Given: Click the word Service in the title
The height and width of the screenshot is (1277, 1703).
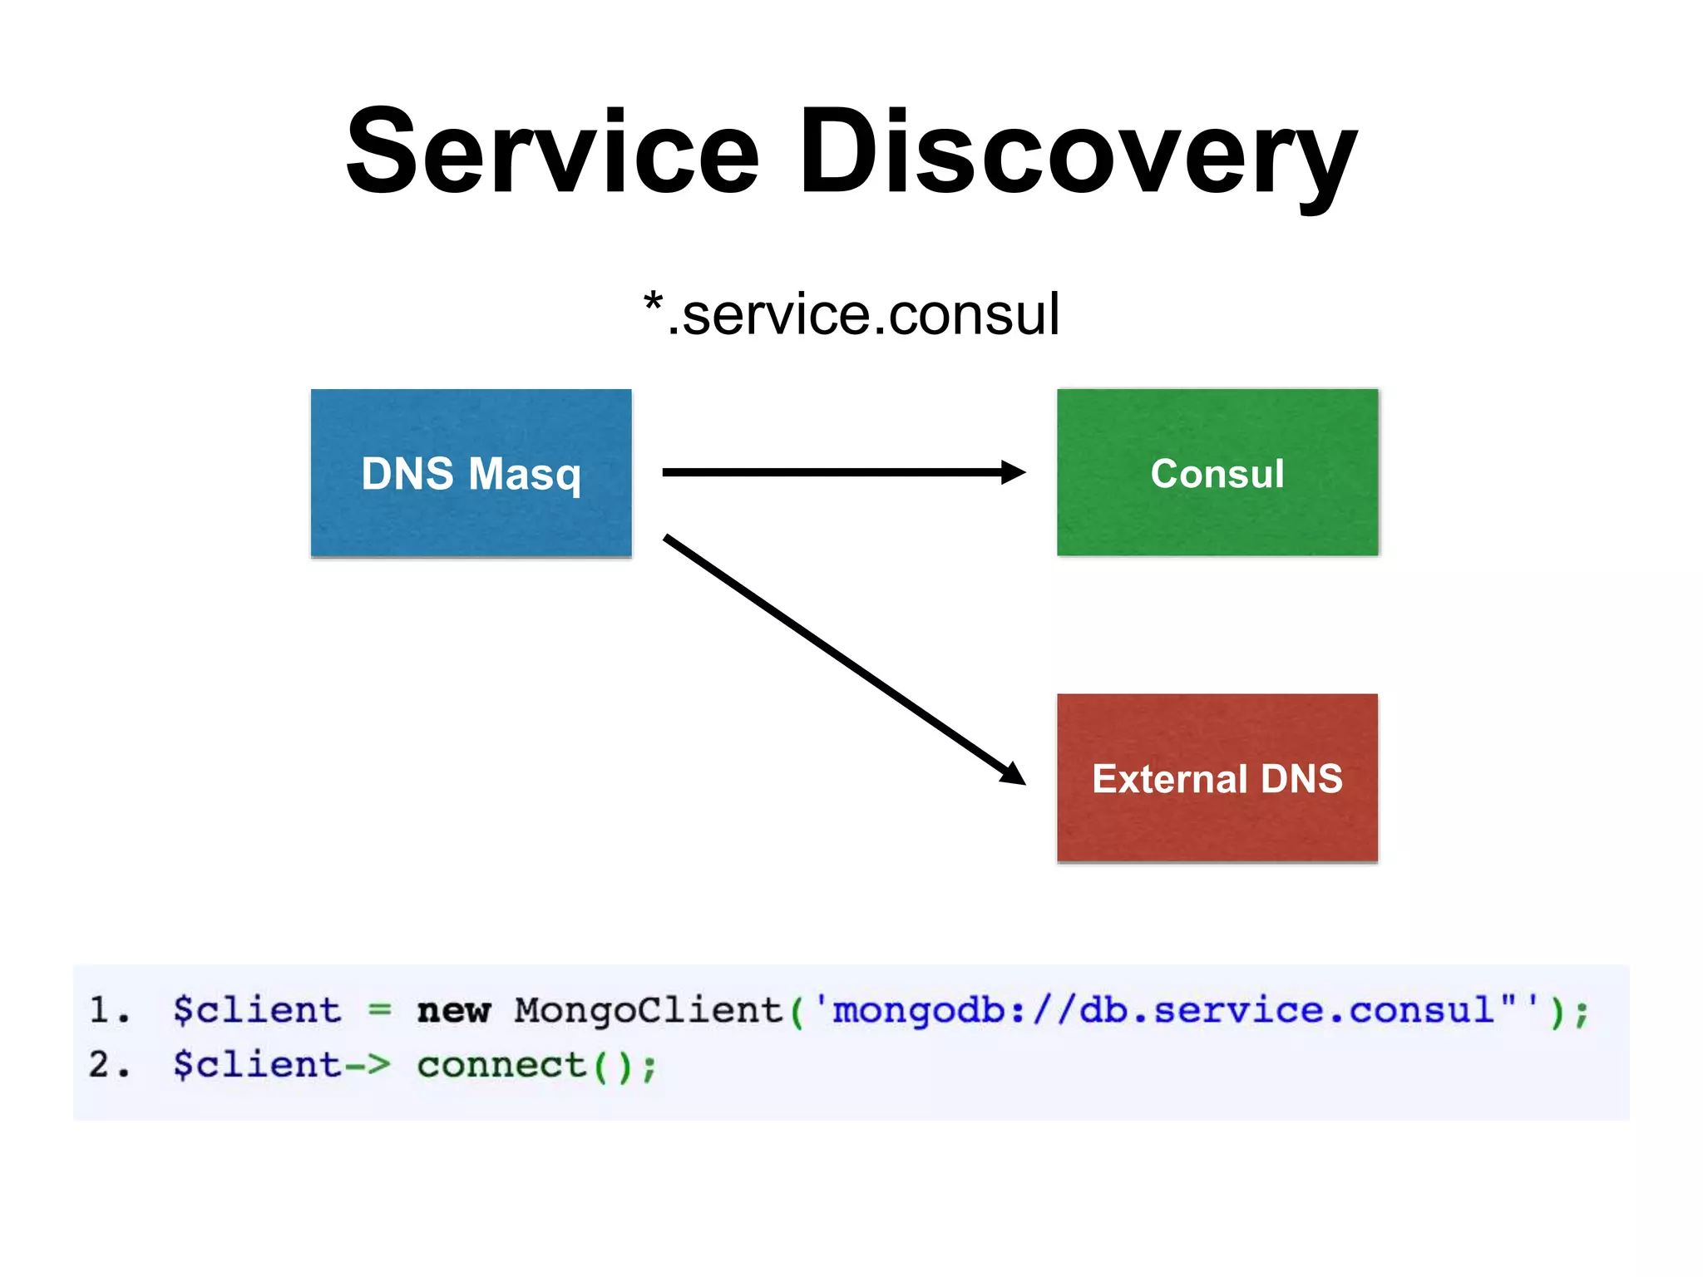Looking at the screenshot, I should click(x=552, y=154).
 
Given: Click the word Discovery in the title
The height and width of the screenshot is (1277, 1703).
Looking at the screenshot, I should click(x=1078, y=154).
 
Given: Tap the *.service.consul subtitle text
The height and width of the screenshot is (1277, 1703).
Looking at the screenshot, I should click(x=851, y=315).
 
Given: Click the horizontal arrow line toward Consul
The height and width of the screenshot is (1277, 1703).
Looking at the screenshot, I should click(x=832, y=472).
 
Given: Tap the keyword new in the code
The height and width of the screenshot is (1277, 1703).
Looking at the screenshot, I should click(x=454, y=1011).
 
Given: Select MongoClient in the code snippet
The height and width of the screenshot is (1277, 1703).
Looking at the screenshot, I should click(x=649, y=1010).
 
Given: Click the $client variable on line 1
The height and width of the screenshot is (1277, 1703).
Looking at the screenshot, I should click(x=257, y=1010).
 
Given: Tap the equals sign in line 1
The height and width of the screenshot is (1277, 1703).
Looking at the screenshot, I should click(x=379, y=1010).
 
